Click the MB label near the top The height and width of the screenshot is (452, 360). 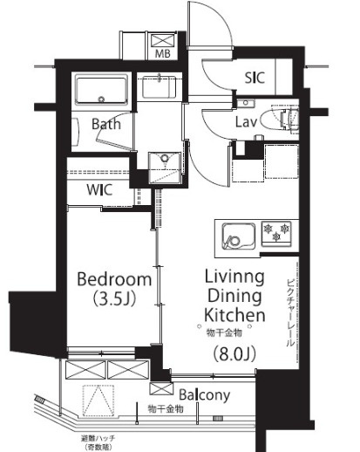[162, 53]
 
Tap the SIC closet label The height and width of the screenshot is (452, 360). [255, 78]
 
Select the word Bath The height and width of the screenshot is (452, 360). [106, 124]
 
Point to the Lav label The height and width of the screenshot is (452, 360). [246, 122]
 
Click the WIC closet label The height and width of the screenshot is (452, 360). [99, 189]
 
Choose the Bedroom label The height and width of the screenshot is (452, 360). [114, 279]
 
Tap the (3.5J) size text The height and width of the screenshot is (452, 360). [114, 298]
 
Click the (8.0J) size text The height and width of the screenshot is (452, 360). [234, 353]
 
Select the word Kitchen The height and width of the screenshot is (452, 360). [234, 314]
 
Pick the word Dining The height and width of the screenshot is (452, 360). [234, 296]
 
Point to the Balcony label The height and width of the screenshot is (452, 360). [204, 394]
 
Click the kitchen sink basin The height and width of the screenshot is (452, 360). [239, 236]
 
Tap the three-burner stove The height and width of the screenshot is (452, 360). [276, 233]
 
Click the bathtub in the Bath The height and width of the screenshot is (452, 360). [101, 89]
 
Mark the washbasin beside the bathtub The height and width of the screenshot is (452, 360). [159, 86]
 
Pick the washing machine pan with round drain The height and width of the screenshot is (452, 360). [165, 168]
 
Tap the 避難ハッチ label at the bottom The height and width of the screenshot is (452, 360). [98, 438]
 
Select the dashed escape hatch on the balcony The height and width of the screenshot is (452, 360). [98, 401]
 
